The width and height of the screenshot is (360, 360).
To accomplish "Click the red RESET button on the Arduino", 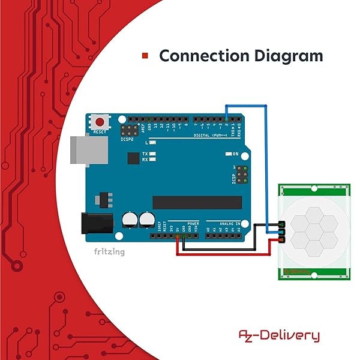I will [x=99, y=122].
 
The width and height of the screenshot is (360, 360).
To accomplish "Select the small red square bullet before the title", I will [x=145, y=56].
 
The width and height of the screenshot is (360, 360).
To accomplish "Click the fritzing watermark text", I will [x=109, y=252].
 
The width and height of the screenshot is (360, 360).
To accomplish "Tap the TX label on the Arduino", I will [x=145, y=154].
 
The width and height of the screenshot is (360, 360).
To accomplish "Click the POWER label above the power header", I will [x=193, y=223].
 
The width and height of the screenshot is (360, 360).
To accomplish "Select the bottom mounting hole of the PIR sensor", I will [x=313, y=275].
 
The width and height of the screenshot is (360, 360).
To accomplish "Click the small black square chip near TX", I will [x=133, y=158].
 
